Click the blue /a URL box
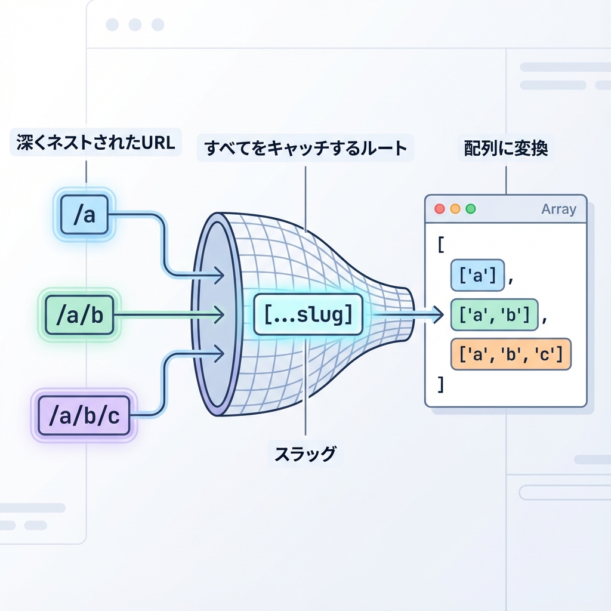(84, 214)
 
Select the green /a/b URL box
(79, 314)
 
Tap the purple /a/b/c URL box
(84, 415)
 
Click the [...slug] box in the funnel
(308, 314)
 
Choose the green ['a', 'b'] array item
(494, 314)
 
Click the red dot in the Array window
(440, 209)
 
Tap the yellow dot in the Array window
(455, 209)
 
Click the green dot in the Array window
(471, 209)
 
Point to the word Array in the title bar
(558, 209)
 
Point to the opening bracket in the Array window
(441, 245)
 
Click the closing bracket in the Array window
(441, 385)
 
